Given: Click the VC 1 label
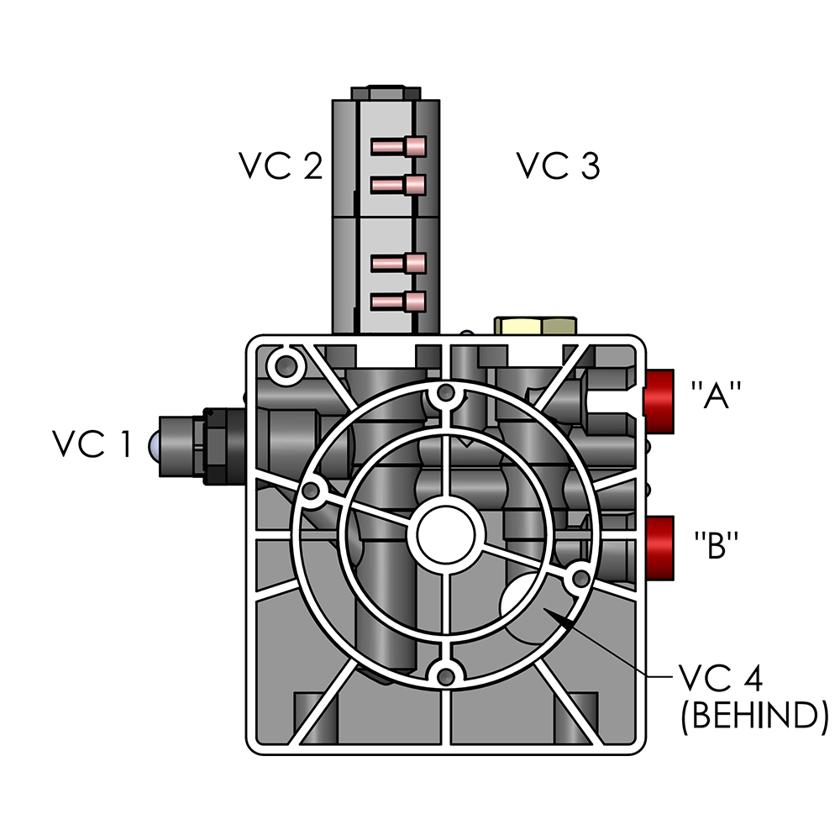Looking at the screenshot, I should (x=92, y=444).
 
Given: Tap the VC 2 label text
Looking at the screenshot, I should (x=280, y=166).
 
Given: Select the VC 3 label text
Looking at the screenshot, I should (x=558, y=166).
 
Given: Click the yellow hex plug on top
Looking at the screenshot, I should (x=535, y=324).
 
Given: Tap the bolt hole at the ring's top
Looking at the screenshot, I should (x=447, y=393).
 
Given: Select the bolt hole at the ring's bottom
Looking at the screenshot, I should (x=447, y=675).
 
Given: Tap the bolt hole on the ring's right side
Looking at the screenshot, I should (x=580, y=578).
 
